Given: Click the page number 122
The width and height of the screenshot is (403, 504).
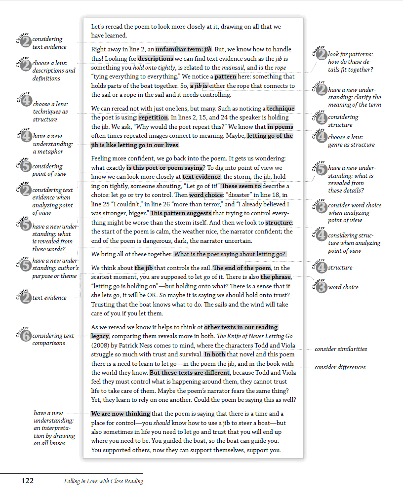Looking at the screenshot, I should coord(27,481).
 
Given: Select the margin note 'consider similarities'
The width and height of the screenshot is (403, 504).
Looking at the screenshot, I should coord(341,349).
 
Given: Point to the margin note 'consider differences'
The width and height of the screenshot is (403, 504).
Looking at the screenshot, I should coord(340,367).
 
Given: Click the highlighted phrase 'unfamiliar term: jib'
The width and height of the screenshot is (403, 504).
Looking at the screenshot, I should coord(180,49).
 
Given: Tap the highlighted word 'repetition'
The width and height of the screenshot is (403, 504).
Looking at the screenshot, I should coord(153,117).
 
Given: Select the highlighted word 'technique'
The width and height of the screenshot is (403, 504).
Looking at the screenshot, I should coord(281,109).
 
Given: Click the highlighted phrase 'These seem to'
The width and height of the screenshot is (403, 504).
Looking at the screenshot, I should coord(241,186).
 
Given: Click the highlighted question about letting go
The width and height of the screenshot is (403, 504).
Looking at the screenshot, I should coord(230,254).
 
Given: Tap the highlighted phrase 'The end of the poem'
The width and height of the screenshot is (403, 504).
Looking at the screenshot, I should coord(242,268).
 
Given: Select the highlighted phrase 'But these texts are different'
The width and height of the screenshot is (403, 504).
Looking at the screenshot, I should coord(190,373).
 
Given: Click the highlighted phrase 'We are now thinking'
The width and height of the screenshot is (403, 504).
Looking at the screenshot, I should coord(121,414).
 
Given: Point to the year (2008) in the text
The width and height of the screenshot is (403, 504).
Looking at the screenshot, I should coord(101,345).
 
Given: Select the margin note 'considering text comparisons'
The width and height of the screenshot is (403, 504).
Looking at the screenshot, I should coord(53,339).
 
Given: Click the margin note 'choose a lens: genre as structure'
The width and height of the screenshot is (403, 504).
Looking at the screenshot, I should coord(351,141).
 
